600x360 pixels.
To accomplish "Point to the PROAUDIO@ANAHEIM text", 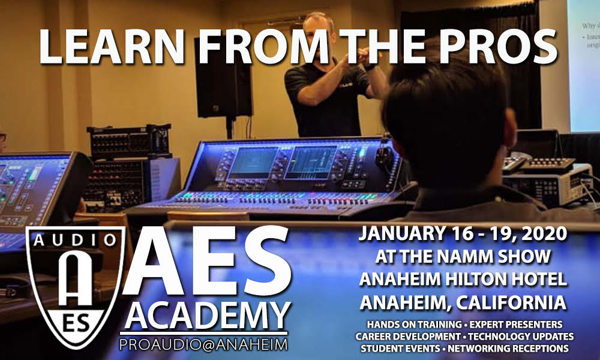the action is point(203,344).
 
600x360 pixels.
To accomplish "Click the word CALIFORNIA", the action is point(511,302).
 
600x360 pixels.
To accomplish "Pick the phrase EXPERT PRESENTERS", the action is point(516,325).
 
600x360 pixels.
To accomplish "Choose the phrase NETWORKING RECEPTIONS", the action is point(508,349).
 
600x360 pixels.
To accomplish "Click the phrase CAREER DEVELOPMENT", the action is point(408,337).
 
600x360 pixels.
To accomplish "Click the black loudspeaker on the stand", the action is point(223,77).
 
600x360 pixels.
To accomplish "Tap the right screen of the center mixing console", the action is point(311,162).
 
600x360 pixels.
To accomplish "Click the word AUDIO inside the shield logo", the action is point(75,240).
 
